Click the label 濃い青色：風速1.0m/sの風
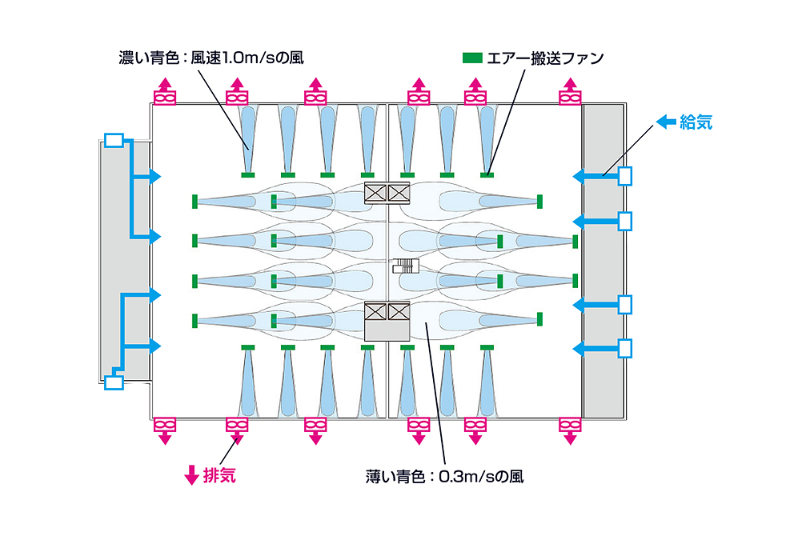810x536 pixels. (x=211, y=58)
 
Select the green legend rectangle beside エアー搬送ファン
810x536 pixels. (x=472, y=58)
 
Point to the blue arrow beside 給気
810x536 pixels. (x=666, y=122)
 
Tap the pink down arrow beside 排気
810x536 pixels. (x=191, y=475)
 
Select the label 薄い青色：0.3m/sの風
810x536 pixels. (x=445, y=476)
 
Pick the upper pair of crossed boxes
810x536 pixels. (x=387, y=192)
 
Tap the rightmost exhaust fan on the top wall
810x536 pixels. (x=570, y=98)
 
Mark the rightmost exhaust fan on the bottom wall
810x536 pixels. (x=570, y=424)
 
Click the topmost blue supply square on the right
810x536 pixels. (x=625, y=175)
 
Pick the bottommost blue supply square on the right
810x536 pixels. (x=625, y=348)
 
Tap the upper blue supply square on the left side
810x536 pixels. (x=114, y=141)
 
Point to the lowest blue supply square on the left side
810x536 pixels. (x=114, y=382)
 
